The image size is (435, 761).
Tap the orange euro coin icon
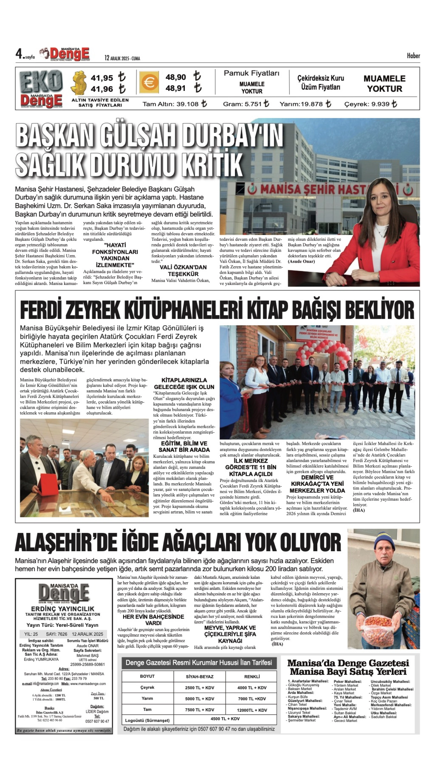pyautogui.click(x=149, y=82)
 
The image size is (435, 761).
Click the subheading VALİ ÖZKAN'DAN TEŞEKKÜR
pyautogui.click(x=183, y=270)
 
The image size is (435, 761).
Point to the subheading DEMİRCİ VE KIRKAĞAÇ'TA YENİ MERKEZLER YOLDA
pyautogui.click(x=317, y=484)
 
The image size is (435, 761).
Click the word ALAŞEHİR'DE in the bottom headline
pyautogui.click(x=65, y=542)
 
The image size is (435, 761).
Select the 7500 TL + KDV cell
pyautogui.click(x=200, y=710)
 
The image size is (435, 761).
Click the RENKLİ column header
pyautogui.click(x=252, y=677)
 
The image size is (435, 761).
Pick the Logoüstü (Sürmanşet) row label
pyautogui.click(x=147, y=720)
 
